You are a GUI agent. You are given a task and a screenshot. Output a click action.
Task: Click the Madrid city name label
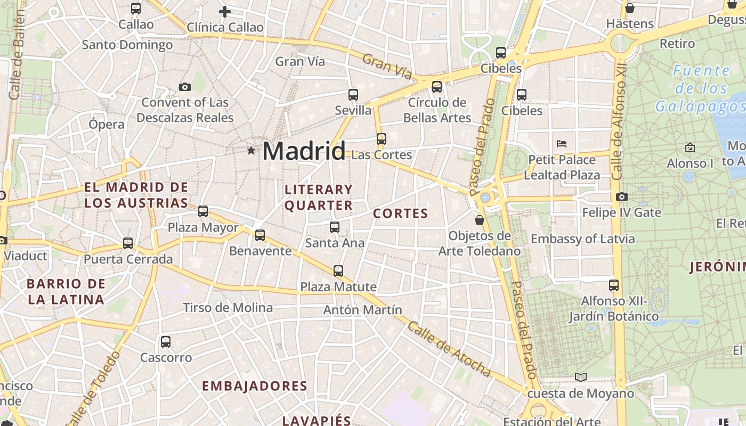(304, 151)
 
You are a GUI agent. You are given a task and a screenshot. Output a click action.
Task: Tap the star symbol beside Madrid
(251, 151)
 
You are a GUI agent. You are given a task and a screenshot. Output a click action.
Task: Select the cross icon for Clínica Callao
(225, 11)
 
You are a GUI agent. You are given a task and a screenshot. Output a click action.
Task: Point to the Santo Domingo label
(127, 45)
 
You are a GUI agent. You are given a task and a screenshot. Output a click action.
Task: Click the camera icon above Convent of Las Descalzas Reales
(185, 87)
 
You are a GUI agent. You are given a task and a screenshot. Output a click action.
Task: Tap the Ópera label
(107, 124)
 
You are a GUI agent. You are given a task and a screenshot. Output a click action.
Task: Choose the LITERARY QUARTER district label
(319, 198)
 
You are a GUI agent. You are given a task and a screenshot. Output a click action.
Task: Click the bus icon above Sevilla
(353, 95)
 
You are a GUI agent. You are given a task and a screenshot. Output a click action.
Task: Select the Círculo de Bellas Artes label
(437, 110)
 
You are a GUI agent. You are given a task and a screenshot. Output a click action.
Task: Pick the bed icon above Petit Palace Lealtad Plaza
(562, 143)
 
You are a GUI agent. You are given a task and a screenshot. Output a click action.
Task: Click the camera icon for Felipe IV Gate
(621, 197)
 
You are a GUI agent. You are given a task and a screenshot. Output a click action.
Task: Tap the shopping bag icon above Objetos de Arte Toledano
(480, 219)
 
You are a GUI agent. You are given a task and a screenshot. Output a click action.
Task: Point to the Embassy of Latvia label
(583, 239)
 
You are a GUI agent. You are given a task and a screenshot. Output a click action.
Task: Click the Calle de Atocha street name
(449, 348)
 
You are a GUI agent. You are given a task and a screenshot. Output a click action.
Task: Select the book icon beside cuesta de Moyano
(581, 378)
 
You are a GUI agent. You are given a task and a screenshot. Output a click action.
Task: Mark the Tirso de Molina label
(228, 307)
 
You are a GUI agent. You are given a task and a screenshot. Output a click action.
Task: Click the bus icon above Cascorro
(166, 342)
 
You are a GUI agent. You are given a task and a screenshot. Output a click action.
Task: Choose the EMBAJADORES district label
(255, 386)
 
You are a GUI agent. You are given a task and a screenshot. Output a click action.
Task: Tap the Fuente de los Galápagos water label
(700, 88)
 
